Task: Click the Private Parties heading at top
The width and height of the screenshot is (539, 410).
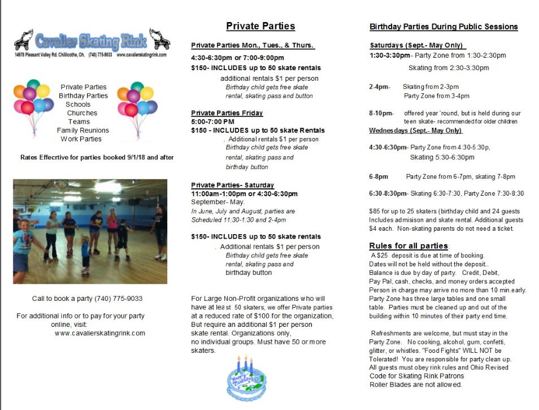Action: (260, 26)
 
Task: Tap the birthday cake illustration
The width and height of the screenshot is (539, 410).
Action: (246, 378)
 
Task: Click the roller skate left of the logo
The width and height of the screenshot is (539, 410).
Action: (24, 40)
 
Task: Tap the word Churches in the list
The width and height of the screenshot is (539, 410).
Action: (82, 113)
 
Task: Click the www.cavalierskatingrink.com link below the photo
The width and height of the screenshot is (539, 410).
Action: (100, 333)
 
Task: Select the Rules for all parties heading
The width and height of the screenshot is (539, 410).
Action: (408, 246)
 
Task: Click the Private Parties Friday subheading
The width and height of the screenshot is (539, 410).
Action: (227, 113)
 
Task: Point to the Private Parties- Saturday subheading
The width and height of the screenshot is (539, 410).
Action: (232, 185)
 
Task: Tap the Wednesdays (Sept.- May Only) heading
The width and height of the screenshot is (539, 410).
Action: (415, 131)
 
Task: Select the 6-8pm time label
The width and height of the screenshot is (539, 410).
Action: (379, 176)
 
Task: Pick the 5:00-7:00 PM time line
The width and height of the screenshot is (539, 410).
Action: (212, 122)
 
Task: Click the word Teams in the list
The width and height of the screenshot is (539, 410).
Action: (79, 122)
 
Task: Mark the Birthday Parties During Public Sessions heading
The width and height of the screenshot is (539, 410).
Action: (444, 27)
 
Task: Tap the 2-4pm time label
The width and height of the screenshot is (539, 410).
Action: (379, 87)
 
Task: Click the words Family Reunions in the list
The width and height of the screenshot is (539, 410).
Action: (82, 130)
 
